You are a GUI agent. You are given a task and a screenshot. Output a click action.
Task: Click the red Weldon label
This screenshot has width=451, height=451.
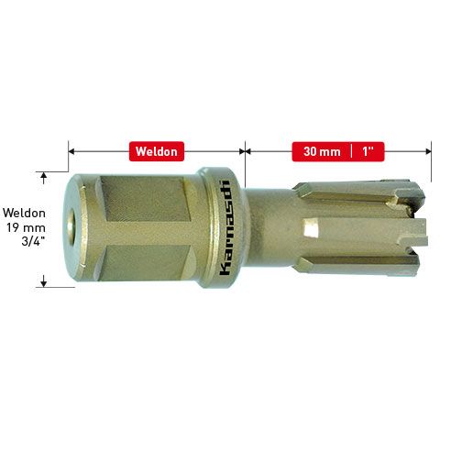pyautogui.click(x=157, y=151)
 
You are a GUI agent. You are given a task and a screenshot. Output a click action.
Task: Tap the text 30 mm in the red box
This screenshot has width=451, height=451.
pyautogui.click(x=322, y=151)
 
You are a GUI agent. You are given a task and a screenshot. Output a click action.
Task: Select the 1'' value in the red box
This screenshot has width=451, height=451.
pyautogui.click(x=368, y=151)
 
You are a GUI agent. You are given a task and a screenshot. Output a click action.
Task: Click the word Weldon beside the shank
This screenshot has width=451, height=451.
pyautogui.click(x=25, y=213)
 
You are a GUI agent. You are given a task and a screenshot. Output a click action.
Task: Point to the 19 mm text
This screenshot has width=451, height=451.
pyautogui.click(x=27, y=227)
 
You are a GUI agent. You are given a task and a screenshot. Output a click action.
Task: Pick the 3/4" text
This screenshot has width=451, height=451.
pyautogui.click(x=34, y=241)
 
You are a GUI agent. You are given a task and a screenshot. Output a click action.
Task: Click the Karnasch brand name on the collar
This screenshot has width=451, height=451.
pyautogui.click(x=225, y=227)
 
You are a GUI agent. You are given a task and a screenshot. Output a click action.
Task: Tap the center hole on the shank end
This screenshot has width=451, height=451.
pyautogui.click(x=71, y=226)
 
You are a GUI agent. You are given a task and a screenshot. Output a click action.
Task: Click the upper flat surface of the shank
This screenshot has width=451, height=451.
pyautogui.click(x=145, y=199)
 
